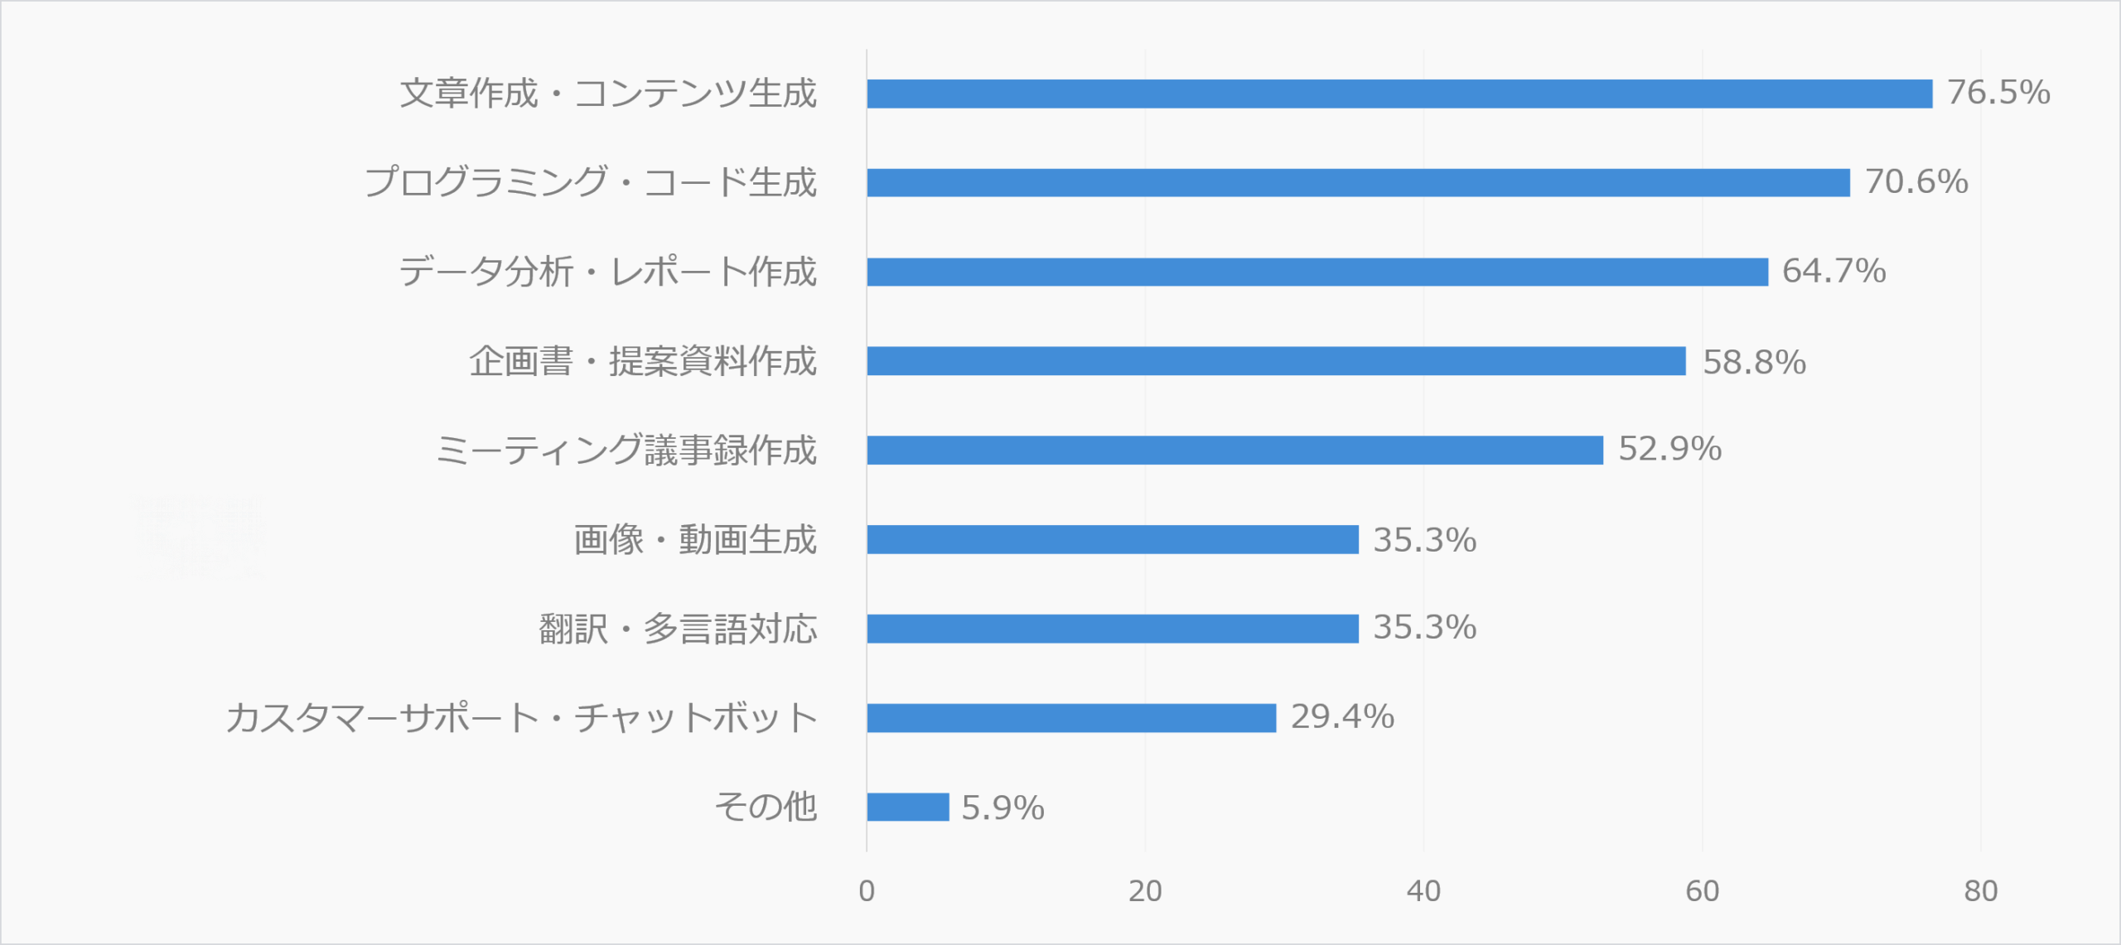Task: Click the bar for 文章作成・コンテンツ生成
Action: tap(1399, 94)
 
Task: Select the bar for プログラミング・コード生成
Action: tap(1358, 183)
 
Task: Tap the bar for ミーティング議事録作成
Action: tap(1234, 451)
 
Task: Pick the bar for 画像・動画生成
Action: tap(1113, 540)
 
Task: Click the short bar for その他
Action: tap(908, 808)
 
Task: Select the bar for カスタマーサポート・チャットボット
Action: tap(1071, 718)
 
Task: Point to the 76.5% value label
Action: tap(1998, 93)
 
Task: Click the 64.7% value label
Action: tap(1834, 272)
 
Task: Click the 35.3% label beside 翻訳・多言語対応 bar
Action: tap(1424, 628)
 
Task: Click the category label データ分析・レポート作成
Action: tap(607, 272)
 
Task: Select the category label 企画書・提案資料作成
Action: tap(643, 362)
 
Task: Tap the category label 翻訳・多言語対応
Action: tap(678, 629)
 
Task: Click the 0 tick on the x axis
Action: tap(867, 891)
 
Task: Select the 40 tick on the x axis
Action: tap(1423, 891)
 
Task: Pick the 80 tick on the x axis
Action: tap(1980, 891)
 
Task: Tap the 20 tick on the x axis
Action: tap(1145, 891)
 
